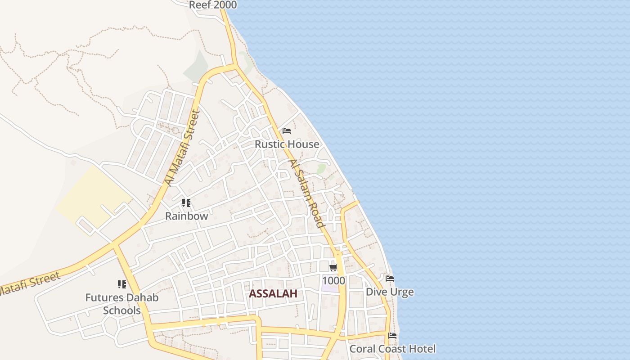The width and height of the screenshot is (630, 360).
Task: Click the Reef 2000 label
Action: (213, 5)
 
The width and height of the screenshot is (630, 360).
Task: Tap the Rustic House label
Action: (287, 144)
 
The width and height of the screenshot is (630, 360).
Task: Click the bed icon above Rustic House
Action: (287, 131)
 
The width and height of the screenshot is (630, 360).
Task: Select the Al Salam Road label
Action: (306, 193)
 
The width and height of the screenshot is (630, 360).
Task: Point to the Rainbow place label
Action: (186, 216)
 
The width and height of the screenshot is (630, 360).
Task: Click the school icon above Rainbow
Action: (186, 203)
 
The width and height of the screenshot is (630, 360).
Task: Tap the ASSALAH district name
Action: (273, 294)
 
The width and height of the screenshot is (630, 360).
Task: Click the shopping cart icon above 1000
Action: (333, 268)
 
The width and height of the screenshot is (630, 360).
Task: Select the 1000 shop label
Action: (333, 281)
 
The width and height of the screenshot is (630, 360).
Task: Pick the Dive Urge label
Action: (390, 292)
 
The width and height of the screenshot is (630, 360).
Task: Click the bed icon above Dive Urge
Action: (390, 279)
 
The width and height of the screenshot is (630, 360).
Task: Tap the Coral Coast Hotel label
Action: (392, 349)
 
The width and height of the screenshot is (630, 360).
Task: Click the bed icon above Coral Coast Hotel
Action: (392, 336)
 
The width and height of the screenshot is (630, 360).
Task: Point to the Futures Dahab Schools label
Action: (122, 304)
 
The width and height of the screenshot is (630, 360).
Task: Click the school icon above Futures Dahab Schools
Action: (122, 284)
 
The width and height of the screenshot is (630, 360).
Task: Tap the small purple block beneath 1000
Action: (330, 288)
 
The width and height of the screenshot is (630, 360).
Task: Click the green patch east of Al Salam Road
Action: (321, 169)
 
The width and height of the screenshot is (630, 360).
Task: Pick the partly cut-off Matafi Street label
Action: (29, 283)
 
